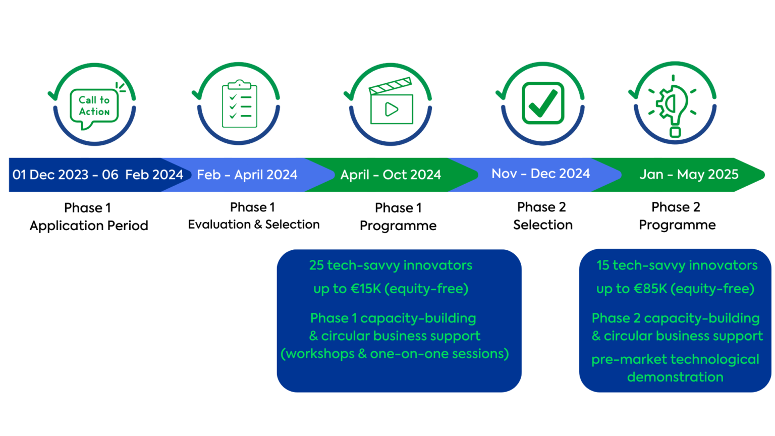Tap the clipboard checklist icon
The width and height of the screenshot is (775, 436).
[x=240, y=104]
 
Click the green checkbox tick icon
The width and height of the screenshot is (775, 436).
[x=543, y=103]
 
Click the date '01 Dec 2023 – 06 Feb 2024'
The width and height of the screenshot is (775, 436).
[x=97, y=175]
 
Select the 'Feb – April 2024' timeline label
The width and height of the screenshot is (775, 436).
[x=247, y=175]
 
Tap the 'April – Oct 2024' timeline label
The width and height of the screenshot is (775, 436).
[x=391, y=175]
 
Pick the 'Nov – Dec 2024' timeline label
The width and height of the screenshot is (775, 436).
[x=540, y=174]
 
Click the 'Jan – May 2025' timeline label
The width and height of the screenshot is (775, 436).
[x=689, y=175]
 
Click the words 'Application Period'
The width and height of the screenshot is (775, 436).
[x=89, y=226]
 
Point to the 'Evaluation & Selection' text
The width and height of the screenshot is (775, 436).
[x=254, y=225]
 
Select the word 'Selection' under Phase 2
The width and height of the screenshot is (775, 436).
[x=543, y=225]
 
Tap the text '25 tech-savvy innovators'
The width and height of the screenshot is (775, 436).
[x=391, y=265]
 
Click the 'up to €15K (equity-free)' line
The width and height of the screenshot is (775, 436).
[x=391, y=289]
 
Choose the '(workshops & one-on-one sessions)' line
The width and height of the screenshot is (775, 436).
[x=395, y=354]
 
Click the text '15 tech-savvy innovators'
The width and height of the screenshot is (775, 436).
[x=677, y=265]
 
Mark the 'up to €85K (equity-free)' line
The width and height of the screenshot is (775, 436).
[x=676, y=289]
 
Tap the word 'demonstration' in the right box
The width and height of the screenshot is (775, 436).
[x=676, y=377]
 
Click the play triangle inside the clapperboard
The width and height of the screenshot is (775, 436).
[x=392, y=110]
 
